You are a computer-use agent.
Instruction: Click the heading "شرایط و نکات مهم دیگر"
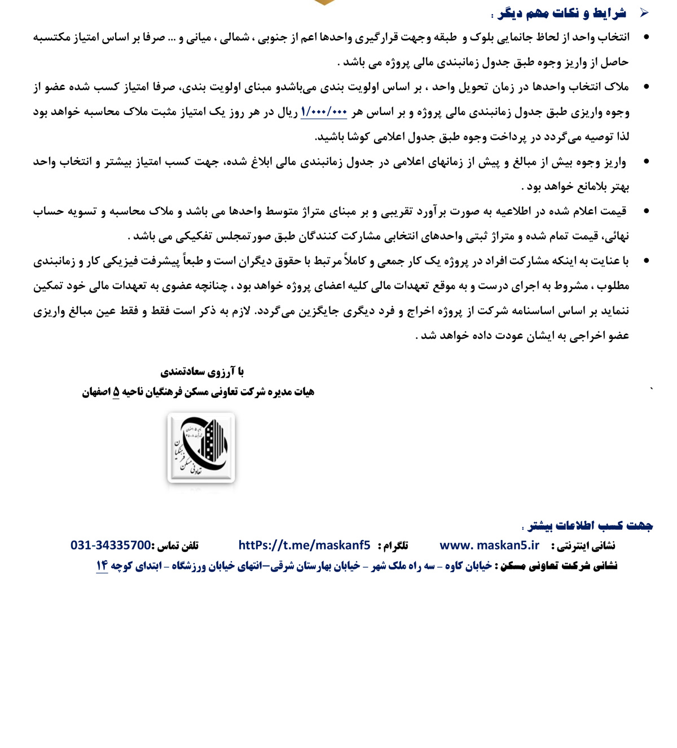tap(562, 13)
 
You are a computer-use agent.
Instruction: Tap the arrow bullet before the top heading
tap(644, 12)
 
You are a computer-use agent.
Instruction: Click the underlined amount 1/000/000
tap(324, 112)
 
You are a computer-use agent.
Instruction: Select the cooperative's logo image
tap(201, 448)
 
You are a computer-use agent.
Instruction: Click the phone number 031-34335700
tap(111, 545)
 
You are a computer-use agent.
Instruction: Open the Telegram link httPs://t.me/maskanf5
tap(304, 545)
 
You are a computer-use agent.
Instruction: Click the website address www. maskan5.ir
tap(489, 545)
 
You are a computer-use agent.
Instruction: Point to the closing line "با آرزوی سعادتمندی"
tap(202, 371)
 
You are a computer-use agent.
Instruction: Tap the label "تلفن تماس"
tap(178, 546)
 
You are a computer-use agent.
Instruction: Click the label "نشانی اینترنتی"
tap(583, 546)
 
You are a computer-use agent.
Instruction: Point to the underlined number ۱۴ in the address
tap(102, 565)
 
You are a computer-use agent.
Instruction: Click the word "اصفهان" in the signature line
tap(96, 392)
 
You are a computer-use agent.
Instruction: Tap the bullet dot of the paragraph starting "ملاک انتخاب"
tap(646, 87)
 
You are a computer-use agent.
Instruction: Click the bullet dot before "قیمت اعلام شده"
tap(646, 211)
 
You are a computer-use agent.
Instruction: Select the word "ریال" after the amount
tap(288, 112)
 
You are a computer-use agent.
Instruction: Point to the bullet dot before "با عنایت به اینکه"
tap(646, 260)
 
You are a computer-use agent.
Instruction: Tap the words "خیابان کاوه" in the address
tap(469, 565)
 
